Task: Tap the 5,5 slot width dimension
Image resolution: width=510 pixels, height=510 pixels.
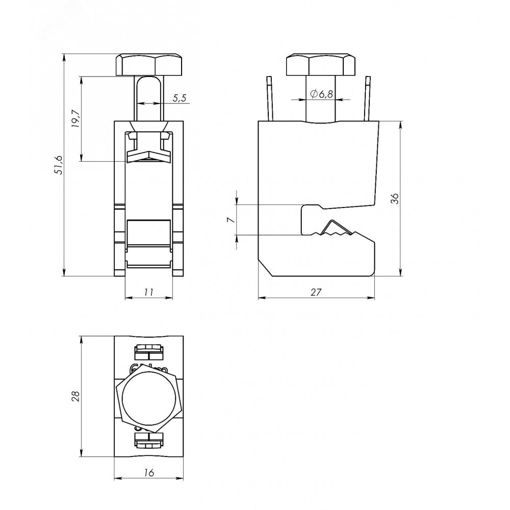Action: point(179,98)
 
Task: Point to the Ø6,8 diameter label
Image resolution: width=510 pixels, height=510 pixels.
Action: point(322,94)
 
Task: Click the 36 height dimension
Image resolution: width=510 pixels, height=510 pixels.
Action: point(395,198)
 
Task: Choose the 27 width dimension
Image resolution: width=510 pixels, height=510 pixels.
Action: point(316,292)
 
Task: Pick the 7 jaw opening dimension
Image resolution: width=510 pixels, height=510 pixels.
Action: point(231,220)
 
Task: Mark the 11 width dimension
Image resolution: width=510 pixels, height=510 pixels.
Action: point(148,292)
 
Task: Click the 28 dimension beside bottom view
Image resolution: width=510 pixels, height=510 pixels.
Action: point(75,396)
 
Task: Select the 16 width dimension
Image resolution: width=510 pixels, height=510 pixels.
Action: point(148,472)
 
